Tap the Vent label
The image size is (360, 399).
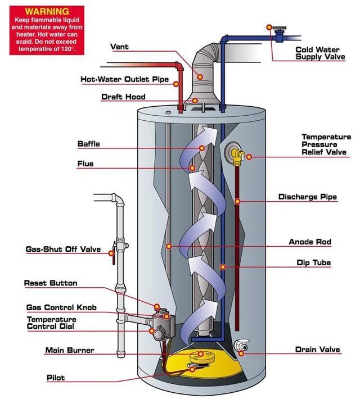point(119,47)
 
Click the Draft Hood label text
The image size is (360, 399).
point(123,97)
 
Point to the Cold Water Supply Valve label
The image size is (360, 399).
point(320,53)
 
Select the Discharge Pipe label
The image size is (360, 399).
point(308,197)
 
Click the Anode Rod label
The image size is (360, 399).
point(310,242)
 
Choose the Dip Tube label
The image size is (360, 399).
point(313,262)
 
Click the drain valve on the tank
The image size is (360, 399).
point(241,346)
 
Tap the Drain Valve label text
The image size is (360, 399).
point(317,350)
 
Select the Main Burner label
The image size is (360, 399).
point(70,351)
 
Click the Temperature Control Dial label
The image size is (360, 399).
point(58,323)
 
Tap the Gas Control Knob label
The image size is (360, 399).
point(61,307)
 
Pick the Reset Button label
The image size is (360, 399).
point(51,283)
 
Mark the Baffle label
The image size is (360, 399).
point(88,144)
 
